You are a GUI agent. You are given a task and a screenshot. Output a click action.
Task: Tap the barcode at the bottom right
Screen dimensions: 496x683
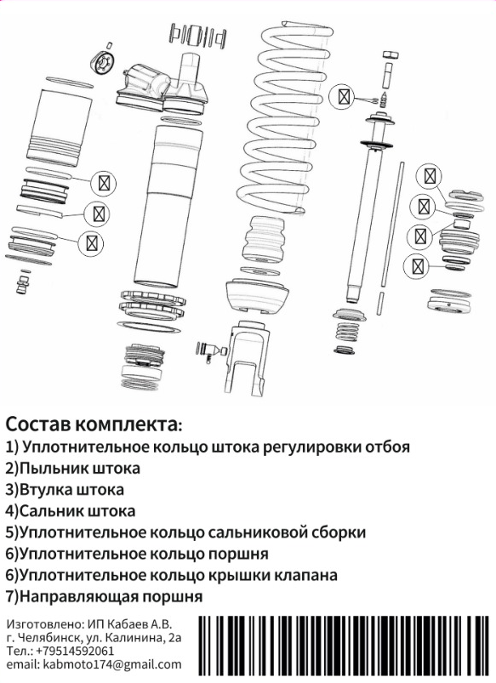345,646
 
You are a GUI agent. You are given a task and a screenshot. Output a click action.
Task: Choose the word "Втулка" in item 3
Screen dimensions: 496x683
46,490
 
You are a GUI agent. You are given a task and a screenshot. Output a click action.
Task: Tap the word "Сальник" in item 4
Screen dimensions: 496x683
51,511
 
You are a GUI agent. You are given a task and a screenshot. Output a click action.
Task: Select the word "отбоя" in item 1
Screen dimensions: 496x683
386,447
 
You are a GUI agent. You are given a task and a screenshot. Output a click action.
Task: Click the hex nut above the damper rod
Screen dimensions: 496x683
391,55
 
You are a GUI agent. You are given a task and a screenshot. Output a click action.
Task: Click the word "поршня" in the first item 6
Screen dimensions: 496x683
237,554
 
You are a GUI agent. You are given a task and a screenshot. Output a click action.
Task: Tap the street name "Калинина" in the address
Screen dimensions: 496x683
135,638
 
